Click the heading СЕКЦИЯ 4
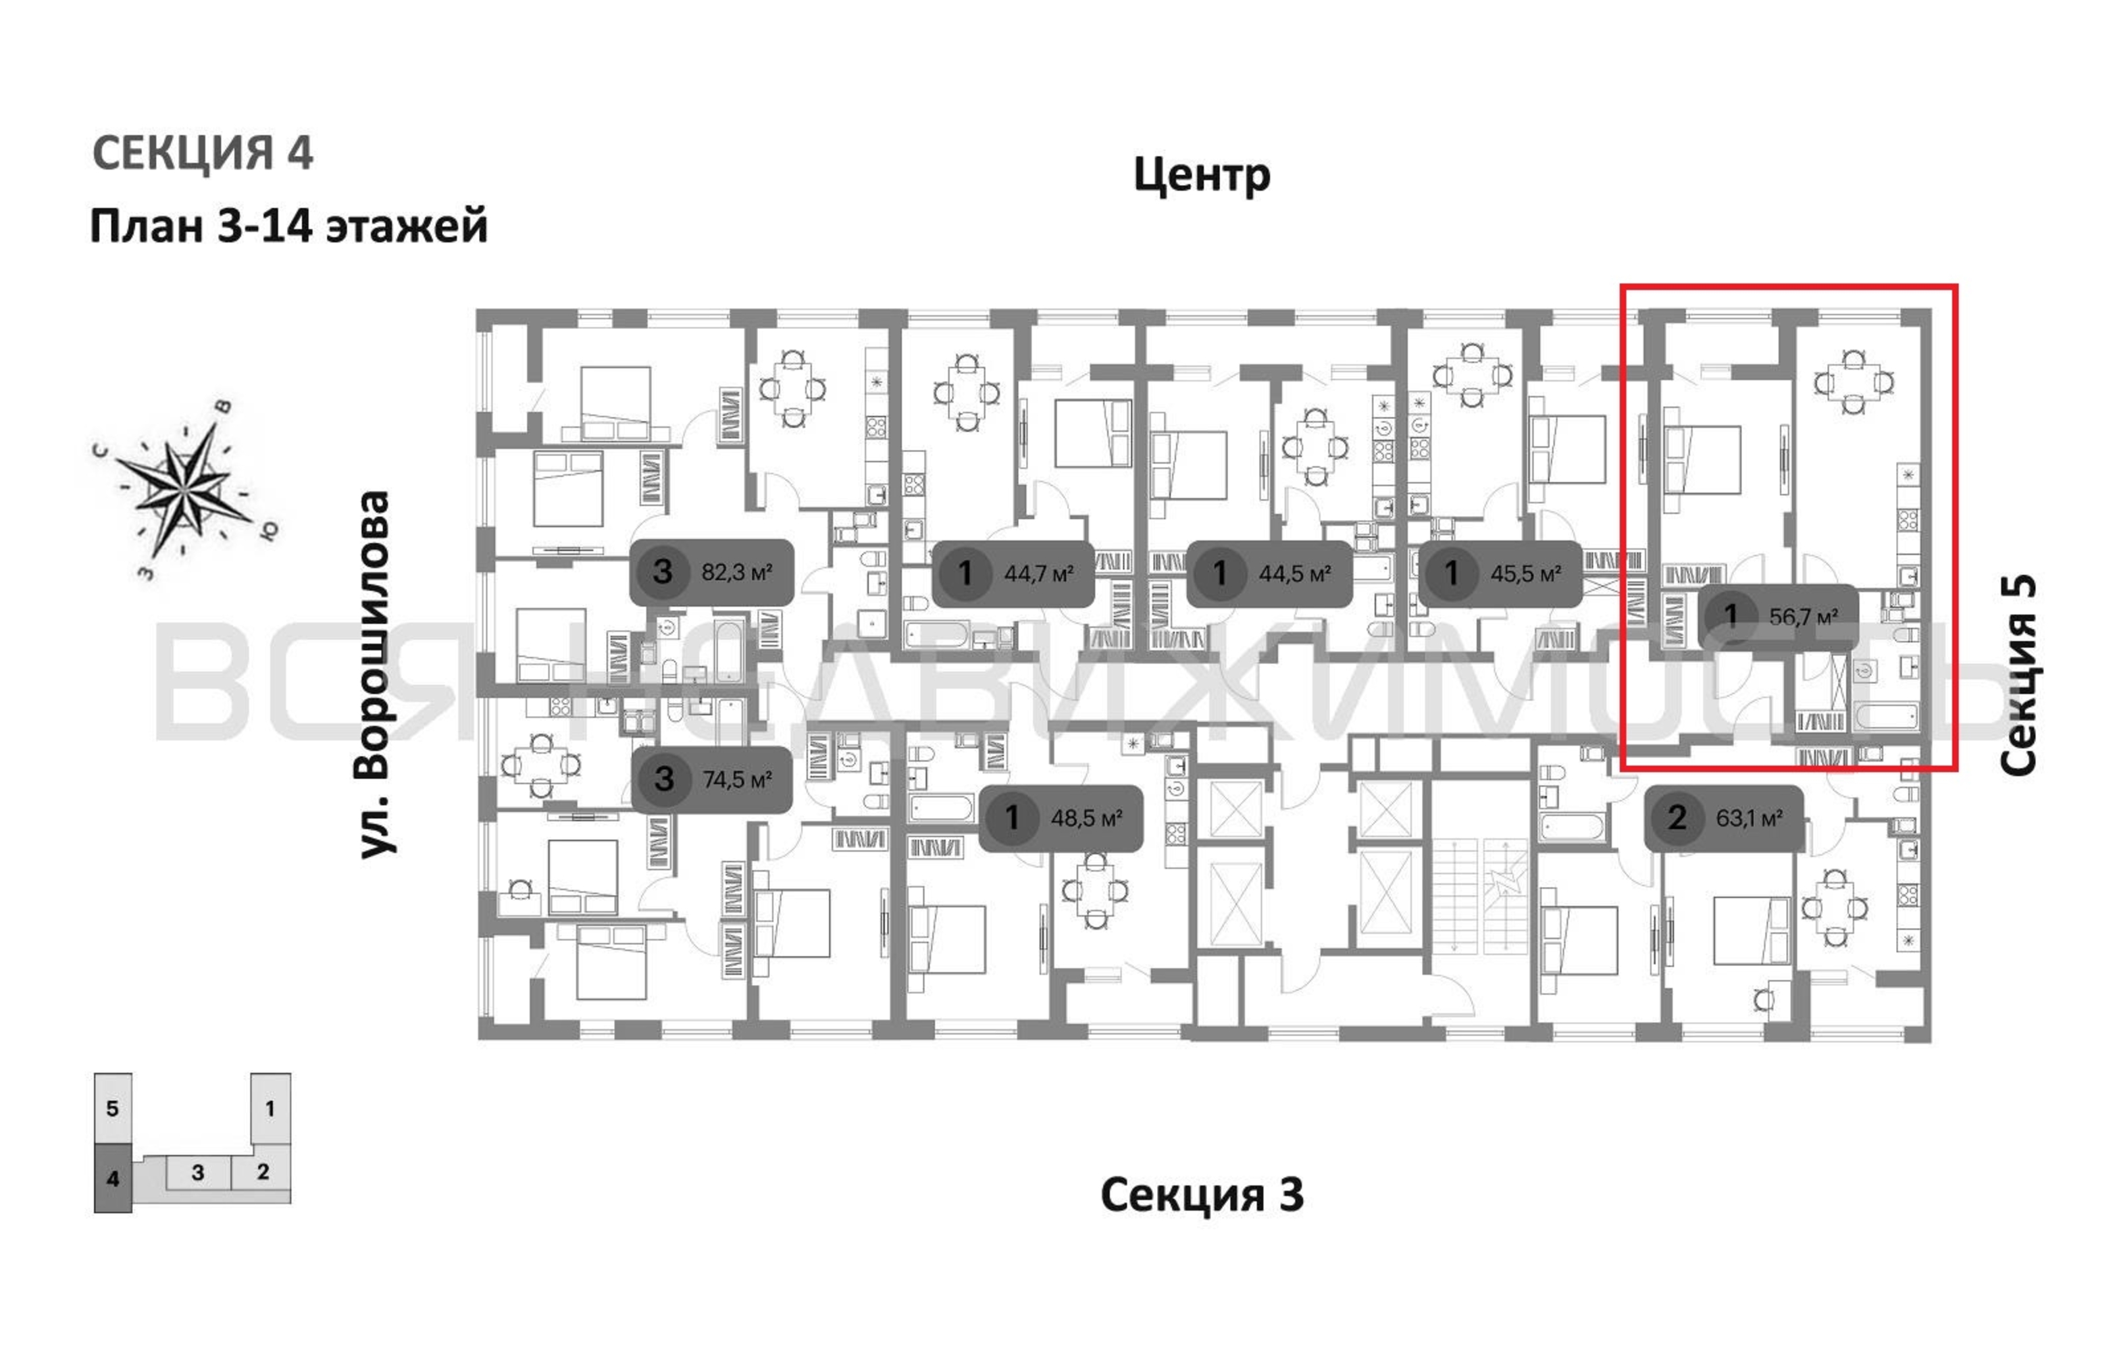point(203,153)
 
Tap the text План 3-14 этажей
point(288,226)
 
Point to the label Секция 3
point(1202,1194)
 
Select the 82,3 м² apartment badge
point(712,572)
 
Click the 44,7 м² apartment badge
point(1013,574)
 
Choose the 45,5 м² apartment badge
point(1500,574)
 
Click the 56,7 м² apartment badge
point(1778,616)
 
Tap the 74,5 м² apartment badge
point(713,779)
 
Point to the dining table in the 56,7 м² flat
point(1854,382)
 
